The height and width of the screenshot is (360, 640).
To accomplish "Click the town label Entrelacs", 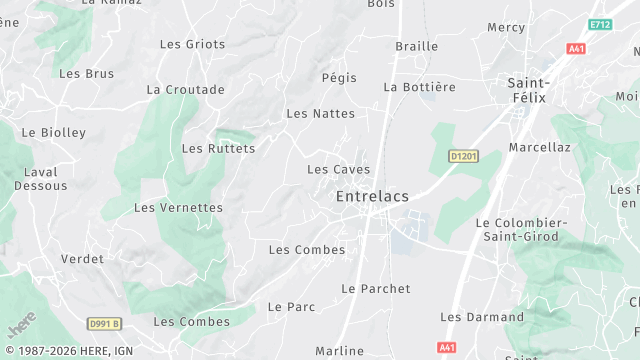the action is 372,196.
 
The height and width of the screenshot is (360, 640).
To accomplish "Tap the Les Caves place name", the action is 338,170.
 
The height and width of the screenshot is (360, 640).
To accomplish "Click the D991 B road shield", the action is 104,323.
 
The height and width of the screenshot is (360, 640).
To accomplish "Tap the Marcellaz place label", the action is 539,147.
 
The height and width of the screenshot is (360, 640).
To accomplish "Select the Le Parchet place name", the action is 376,289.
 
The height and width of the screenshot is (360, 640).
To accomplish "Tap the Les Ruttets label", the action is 218,149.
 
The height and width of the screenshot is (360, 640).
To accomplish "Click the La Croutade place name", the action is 185,89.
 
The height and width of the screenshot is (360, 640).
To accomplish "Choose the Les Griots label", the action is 192,44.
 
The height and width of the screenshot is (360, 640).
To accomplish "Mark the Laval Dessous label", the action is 41,178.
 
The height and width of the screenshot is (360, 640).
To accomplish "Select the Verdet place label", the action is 82,259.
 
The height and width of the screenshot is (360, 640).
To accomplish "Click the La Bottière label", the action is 419,87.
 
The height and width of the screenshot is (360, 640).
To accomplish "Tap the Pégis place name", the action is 339,77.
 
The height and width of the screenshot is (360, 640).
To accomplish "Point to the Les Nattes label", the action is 320,114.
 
